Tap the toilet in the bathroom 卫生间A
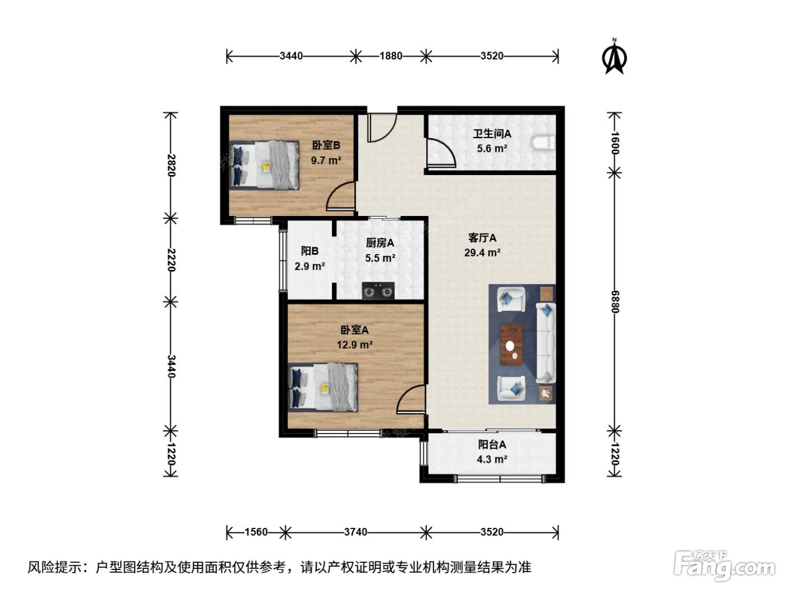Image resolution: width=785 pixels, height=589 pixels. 543,143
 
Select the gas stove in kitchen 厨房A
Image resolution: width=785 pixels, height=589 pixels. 378,291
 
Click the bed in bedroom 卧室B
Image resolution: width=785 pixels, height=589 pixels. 264,165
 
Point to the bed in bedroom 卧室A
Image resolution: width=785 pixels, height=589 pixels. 323,387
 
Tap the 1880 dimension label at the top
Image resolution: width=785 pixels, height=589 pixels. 390,56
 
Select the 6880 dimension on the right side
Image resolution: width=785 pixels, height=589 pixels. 615,302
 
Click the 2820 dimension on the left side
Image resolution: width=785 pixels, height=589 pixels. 171,165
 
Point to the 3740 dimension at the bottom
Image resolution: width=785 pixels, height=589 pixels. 355,532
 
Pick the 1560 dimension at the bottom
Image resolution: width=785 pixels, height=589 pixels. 256,532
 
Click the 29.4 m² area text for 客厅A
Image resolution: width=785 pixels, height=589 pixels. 482,252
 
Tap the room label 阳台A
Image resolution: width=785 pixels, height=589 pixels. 492,444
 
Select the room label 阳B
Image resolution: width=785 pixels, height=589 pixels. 310,251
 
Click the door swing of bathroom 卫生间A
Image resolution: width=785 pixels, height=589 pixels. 441,153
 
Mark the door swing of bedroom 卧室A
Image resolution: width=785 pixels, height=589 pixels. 411,399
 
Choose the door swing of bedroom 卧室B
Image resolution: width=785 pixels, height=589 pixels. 340,196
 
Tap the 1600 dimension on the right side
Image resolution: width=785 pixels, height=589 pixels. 615,144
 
